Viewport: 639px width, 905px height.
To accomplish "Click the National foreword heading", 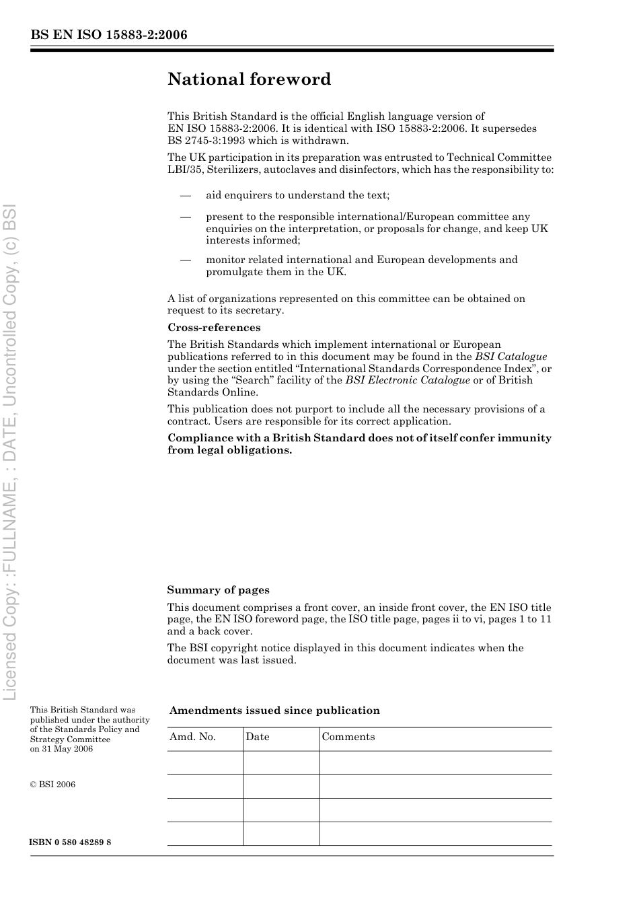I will coord(249,79).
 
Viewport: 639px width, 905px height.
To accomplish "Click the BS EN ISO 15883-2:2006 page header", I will coord(108,35).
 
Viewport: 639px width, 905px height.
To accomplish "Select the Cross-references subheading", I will coord(214,328).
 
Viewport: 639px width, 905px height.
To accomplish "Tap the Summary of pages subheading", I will coord(218,590).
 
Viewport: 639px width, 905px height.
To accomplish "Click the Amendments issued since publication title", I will coord(274,711).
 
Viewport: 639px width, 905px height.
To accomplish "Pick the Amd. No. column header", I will coord(192,737).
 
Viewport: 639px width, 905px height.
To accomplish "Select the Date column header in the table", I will coord(257,737).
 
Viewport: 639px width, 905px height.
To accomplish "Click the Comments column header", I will coord(348,737).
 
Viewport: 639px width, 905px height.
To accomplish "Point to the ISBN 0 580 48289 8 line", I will coord(71,842).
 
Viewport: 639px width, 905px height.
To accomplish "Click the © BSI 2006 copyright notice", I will coord(52,785).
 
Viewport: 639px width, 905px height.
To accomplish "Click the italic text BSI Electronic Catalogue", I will coord(407,381).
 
